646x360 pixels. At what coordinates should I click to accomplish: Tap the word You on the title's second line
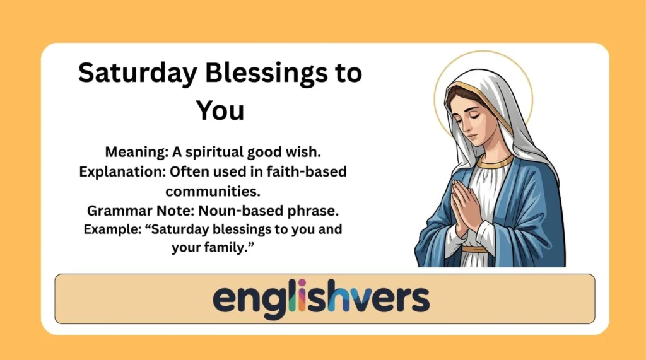pyautogui.click(x=220, y=110)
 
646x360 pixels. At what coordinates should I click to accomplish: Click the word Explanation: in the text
pyautogui.click(x=118, y=172)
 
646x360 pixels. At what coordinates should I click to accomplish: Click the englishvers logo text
pyautogui.click(x=321, y=298)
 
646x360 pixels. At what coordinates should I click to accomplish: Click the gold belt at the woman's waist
pyautogui.click(x=474, y=249)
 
